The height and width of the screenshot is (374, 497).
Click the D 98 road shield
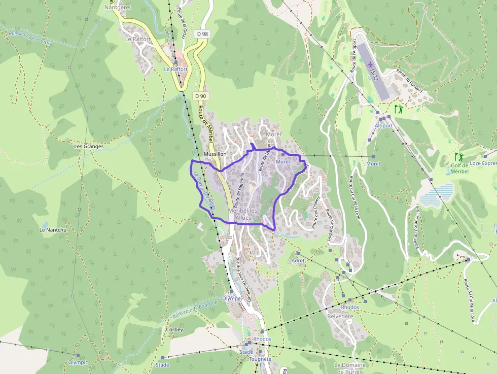pyautogui.click(x=202, y=34)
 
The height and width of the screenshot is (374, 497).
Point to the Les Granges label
pyautogui.click(x=89, y=146)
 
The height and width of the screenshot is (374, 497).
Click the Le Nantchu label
pyautogui.click(x=53, y=230)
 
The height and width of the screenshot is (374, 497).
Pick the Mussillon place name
pyautogui.click(x=215, y=153)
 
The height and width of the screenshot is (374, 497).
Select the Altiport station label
pyautogui.click(x=384, y=125)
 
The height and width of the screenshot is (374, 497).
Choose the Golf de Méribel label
pyautogui.click(x=459, y=168)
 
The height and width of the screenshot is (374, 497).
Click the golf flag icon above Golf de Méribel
pyautogui.click(x=459, y=157)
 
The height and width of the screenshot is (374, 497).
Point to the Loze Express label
pyautogui.click(x=483, y=163)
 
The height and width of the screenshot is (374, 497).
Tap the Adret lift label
pyautogui.click(x=298, y=260)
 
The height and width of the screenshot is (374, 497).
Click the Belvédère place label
pyautogui.click(x=340, y=316)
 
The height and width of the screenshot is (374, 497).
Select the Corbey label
pyautogui.click(x=174, y=329)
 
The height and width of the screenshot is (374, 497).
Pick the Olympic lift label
pyautogui.click(x=78, y=362)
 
